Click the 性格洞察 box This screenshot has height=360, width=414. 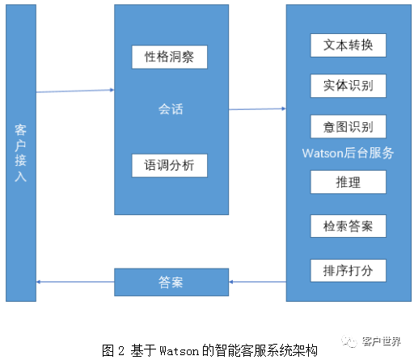170,57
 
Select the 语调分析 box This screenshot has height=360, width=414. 170,166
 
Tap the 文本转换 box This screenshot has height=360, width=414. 349,44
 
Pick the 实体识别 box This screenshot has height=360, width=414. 349,86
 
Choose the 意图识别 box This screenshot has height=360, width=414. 349,127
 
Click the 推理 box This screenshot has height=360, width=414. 349,183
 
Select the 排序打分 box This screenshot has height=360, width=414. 349,269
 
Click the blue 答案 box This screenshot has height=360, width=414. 171,282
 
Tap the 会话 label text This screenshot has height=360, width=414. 170,108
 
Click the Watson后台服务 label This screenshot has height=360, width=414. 348,153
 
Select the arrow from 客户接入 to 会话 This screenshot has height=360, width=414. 74,91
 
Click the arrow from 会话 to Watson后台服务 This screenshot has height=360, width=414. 257,108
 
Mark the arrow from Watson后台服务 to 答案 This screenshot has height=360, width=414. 257,282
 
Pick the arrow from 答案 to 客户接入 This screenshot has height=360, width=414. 74,282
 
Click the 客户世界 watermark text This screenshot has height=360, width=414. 383,341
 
